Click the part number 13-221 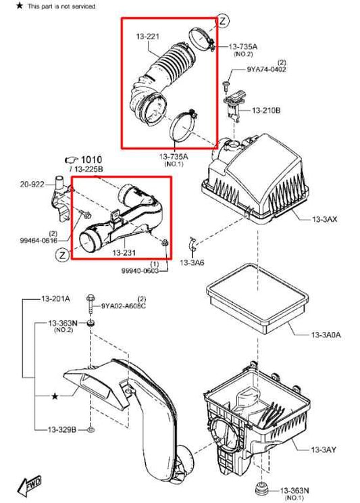147,37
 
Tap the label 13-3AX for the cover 324,220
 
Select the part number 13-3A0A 326,335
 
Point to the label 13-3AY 324,450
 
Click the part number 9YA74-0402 266,69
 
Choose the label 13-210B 266,110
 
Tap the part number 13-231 124,253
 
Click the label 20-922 32,184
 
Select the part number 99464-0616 38,240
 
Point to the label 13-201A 55,299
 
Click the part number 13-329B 62,429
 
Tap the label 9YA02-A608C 124,306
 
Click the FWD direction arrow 30,484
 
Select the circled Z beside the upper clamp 223,21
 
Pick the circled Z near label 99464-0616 62,256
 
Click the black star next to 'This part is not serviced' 20,5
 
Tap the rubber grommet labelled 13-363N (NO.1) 261,490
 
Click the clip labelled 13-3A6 192,244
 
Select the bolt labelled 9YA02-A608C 91,303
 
